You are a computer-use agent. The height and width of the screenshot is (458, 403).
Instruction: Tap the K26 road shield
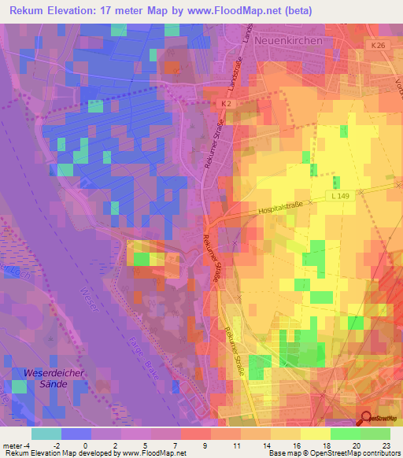(379, 46)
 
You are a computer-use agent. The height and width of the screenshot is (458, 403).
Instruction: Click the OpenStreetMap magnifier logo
(367, 421)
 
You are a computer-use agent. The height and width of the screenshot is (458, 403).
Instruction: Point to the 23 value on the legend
(386, 445)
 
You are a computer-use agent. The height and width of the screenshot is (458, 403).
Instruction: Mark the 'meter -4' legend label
(17, 445)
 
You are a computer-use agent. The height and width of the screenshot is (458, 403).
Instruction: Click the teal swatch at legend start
(46, 434)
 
